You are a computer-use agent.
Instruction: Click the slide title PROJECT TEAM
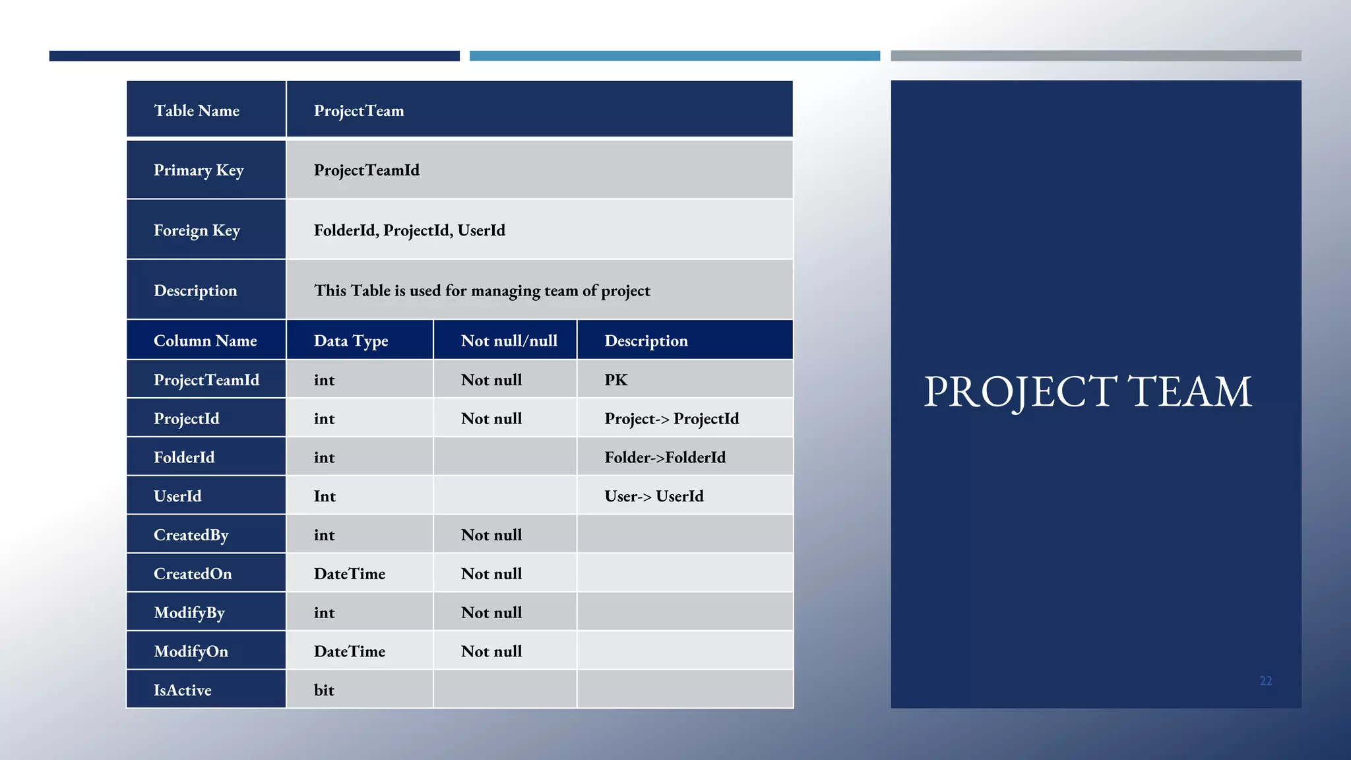coord(1087,392)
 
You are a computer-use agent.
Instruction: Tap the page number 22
coord(1265,681)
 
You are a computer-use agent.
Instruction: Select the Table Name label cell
coord(197,111)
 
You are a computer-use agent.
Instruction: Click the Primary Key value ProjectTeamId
coord(367,170)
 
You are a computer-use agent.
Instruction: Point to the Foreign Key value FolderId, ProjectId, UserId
coord(410,230)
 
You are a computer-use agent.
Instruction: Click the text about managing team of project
coord(482,291)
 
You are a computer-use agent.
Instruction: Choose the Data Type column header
coord(351,341)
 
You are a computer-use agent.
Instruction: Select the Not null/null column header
coord(509,341)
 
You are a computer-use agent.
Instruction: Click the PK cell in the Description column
coord(616,380)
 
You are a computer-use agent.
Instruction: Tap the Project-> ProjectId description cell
coord(672,419)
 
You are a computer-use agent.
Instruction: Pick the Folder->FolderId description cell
coord(665,458)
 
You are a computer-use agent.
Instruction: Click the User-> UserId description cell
coord(654,496)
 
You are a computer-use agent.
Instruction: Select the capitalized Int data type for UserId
coord(325,496)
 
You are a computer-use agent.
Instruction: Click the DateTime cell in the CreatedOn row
coord(350,574)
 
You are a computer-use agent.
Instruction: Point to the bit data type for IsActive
coord(324,690)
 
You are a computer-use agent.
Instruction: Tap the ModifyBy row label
coord(189,613)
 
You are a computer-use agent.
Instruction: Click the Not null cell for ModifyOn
coord(491,652)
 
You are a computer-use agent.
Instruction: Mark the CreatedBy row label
coord(191,535)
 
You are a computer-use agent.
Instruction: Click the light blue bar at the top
coord(674,56)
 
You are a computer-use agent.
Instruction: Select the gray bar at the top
coord(1096,56)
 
